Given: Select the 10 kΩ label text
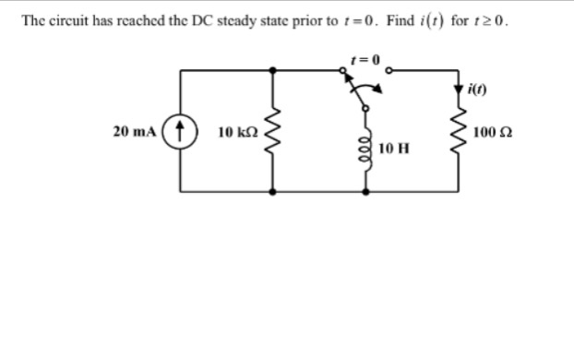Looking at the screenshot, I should (235, 132).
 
